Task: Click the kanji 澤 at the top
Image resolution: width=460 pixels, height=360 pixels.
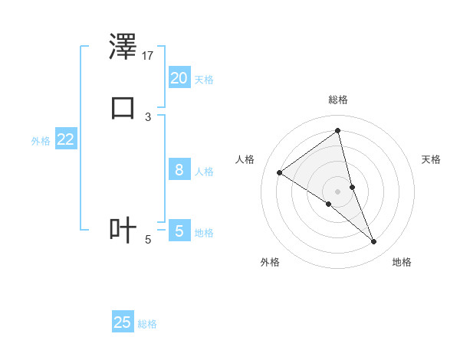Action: click(x=123, y=47)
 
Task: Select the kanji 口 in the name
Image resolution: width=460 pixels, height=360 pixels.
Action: click(x=123, y=107)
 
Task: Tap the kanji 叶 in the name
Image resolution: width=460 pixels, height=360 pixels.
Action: click(x=123, y=230)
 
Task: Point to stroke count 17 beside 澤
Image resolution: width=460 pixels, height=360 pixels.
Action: click(x=148, y=56)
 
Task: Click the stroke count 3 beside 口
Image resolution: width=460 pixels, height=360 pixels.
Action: click(x=147, y=116)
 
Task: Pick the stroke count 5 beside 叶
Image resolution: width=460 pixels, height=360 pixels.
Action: click(x=147, y=240)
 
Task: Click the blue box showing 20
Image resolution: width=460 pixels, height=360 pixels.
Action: click(x=179, y=78)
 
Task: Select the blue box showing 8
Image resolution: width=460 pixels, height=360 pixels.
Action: click(x=179, y=170)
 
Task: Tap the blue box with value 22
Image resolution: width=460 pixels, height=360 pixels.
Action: click(x=65, y=139)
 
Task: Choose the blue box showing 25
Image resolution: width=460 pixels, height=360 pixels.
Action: click(x=123, y=322)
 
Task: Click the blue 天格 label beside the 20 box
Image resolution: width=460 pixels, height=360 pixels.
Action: click(x=204, y=80)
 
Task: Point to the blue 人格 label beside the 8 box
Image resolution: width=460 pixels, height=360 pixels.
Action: click(x=204, y=172)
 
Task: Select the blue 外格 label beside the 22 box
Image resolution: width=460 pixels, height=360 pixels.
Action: click(x=41, y=141)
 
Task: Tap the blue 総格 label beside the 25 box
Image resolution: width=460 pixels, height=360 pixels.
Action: click(x=147, y=324)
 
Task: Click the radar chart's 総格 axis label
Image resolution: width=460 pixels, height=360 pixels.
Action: click(x=337, y=100)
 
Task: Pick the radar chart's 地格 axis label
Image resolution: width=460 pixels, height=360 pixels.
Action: click(x=402, y=262)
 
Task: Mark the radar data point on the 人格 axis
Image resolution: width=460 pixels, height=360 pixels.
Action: click(x=280, y=172)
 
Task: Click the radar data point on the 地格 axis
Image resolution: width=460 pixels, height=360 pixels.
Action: click(x=374, y=242)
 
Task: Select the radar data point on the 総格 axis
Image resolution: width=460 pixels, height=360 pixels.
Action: click(x=337, y=130)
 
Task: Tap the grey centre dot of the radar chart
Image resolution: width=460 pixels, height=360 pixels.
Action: click(x=337, y=191)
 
